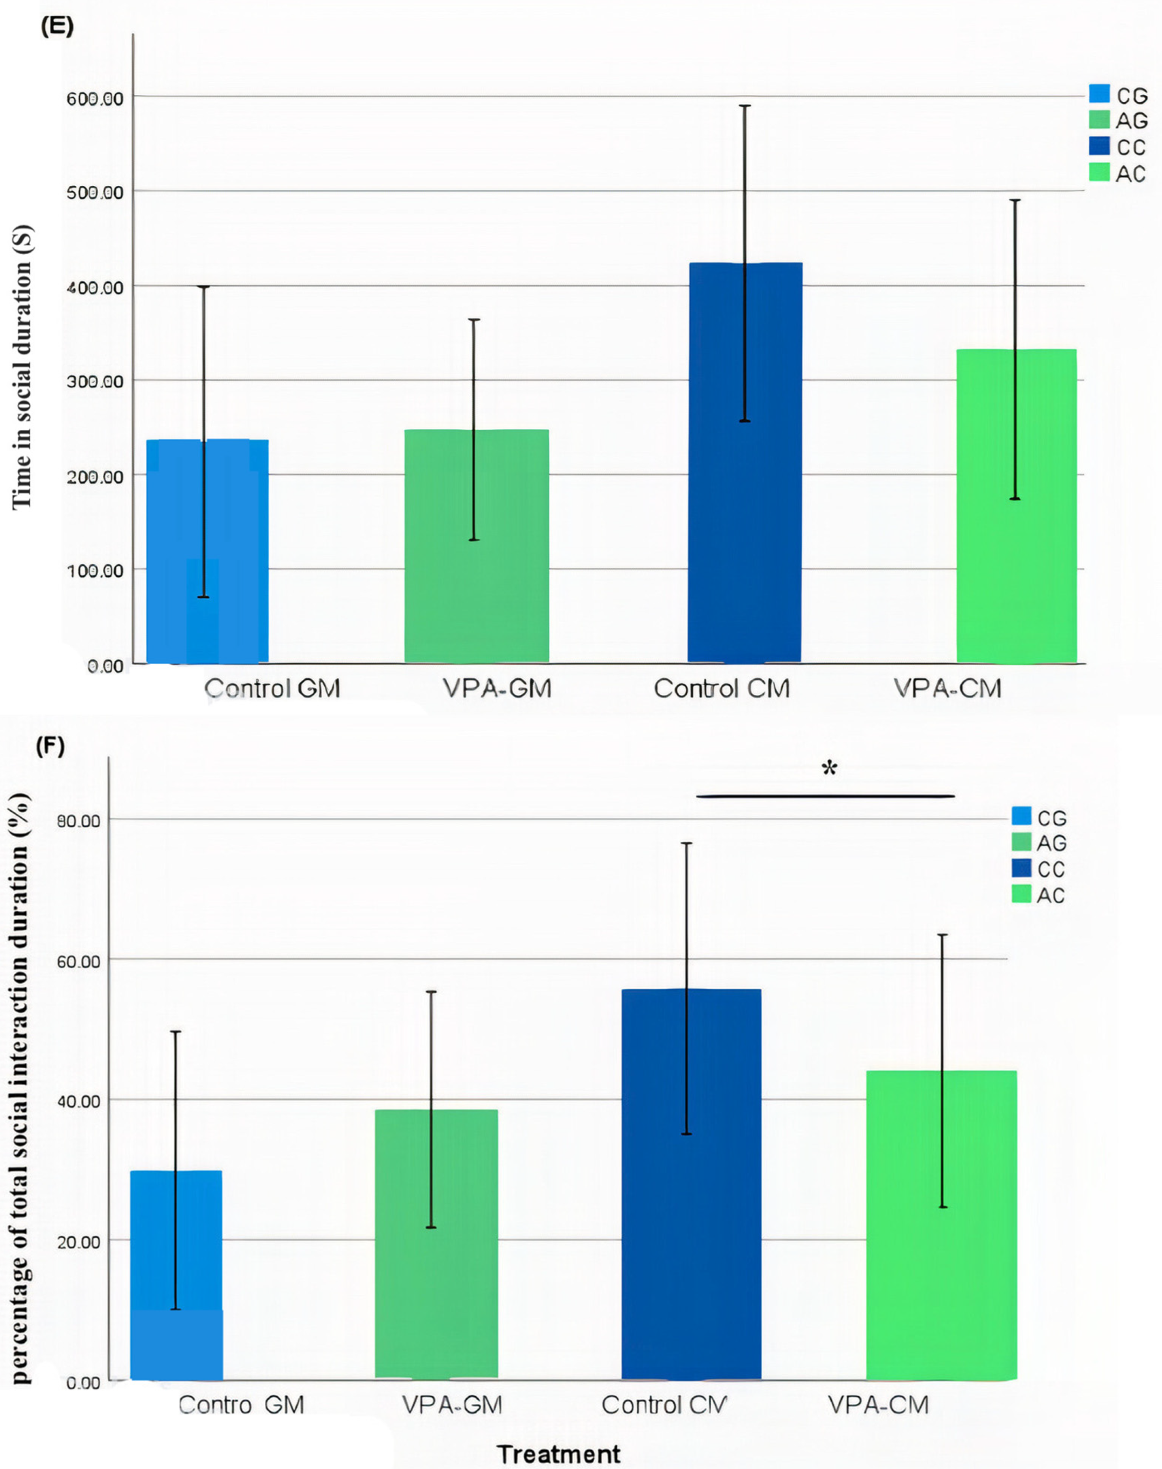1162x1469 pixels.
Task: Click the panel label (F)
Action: tap(50, 747)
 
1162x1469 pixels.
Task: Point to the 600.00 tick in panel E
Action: tap(95, 99)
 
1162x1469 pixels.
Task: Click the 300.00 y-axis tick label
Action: tap(95, 382)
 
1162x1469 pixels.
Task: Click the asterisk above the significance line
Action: tap(829, 770)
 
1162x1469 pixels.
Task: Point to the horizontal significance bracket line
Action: tap(825, 796)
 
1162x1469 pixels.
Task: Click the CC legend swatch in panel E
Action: tap(1100, 147)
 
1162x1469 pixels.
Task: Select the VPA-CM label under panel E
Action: tap(948, 688)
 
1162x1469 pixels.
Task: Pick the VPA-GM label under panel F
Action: tap(452, 1404)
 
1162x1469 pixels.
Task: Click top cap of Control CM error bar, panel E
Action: tap(745, 106)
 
